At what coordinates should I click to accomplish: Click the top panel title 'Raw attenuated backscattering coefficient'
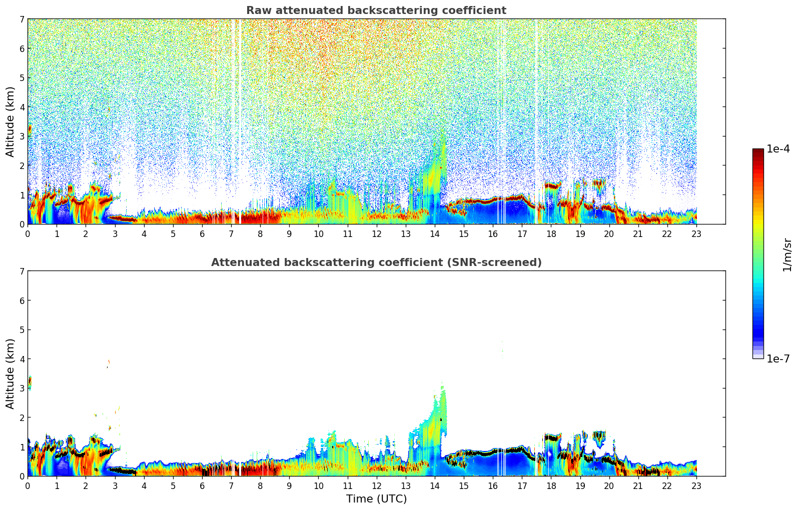click(376, 10)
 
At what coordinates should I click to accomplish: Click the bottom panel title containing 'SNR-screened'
click(376, 262)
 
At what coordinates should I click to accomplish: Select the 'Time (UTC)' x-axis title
click(376, 499)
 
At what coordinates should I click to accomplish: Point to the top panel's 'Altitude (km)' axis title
click(11, 121)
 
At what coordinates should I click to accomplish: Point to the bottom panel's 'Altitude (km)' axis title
click(11, 373)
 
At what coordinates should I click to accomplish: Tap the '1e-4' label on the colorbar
click(778, 149)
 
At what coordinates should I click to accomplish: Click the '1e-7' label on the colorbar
click(778, 359)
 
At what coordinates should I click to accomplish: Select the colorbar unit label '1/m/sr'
click(786, 254)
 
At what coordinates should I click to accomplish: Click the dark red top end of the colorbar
click(758, 151)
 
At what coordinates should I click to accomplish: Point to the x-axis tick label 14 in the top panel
click(434, 233)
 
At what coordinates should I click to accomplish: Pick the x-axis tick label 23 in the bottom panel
click(696, 485)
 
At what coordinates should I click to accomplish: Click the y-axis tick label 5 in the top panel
click(22, 77)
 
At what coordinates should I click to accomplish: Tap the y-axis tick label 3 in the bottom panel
click(22, 388)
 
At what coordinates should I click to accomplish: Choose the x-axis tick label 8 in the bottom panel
click(260, 485)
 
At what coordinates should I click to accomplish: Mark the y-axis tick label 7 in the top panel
click(22, 19)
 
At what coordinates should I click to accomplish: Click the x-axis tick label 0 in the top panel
click(28, 233)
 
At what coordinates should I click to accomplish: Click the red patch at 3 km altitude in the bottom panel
click(30, 382)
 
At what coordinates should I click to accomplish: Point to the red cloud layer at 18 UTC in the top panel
click(551, 186)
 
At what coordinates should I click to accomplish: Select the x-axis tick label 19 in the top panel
click(580, 233)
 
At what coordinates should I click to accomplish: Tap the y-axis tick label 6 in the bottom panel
click(22, 300)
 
